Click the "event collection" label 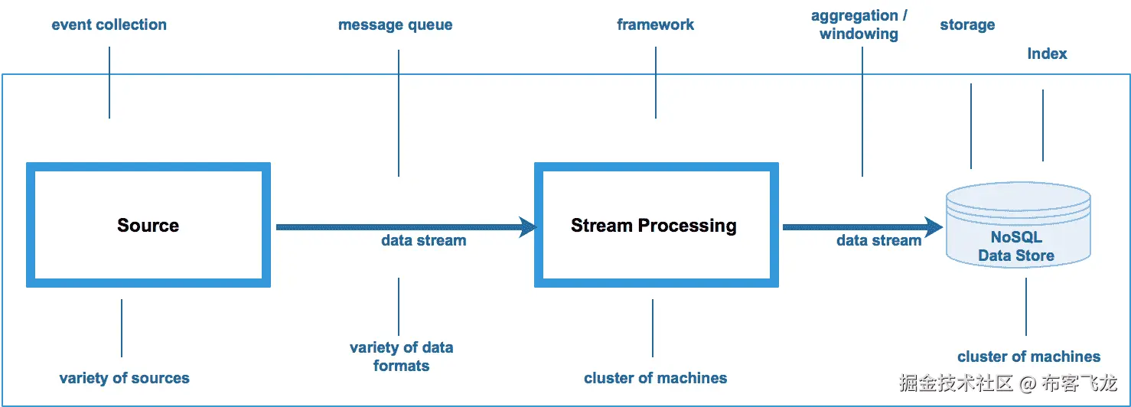(x=109, y=24)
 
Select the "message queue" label (x=395, y=25)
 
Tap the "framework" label (x=655, y=24)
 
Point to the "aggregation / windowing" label (x=859, y=24)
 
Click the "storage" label (x=967, y=25)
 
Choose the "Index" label (x=1047, y=54)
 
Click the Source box (x=148, y=225)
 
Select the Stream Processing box (x=654, y=225)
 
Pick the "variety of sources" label (x=124, y=378)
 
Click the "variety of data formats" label (x=401, y=357)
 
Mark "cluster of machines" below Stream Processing (x=655, y=378)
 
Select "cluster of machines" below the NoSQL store (x=1028, y=357)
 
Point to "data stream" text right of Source (x=423, y=240)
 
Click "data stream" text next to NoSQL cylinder (x=878, y=240)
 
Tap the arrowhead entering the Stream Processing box (x=528, y=226)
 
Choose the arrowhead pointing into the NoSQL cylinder (x=934, y=226)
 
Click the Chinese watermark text (x=1009, y=383)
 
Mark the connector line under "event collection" (x=109, y=83)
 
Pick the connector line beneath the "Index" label (x=1042, y=125)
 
